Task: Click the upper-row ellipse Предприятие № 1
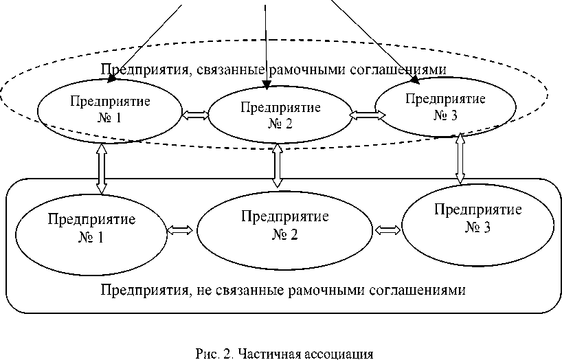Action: click(110, 109)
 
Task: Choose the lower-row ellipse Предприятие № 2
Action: click(284, 226)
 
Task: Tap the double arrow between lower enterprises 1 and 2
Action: click(181, 230)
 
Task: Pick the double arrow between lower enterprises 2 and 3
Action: click(389, 228)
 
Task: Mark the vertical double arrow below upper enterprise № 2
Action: click(277, 166)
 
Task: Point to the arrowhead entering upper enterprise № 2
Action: click(267, 85)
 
